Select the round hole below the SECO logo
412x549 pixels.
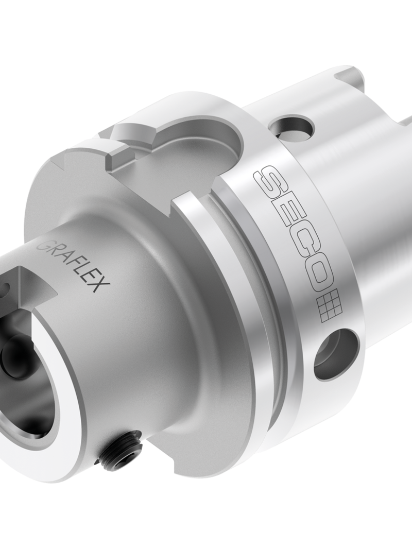pos(335,354)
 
